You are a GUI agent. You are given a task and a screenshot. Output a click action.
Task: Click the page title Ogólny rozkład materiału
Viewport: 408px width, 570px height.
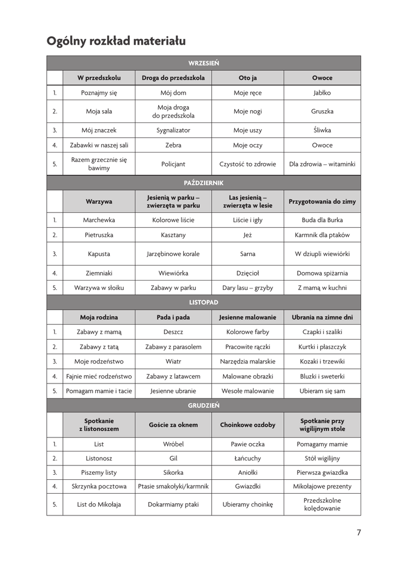pyautogui.click(x=116, y=41)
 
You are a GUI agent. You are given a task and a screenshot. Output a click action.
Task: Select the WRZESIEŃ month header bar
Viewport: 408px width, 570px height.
pyautogui.click(x=203, y=63)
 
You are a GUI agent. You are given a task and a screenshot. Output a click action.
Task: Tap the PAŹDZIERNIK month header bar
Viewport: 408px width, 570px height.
pyautogui.click(x=203, y=183)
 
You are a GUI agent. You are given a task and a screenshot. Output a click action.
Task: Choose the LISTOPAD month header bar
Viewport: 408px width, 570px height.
pyautogui.click(x=203, y=302)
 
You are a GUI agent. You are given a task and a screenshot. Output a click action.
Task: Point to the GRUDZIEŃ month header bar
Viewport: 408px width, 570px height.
pyautogui.click(x=203, y=405)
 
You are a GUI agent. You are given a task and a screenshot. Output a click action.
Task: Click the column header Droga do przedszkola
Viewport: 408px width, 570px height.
pyautogui.click(x=173, y=78)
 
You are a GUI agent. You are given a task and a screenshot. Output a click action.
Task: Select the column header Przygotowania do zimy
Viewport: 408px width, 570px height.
pyautogui.click(x=322, y=202)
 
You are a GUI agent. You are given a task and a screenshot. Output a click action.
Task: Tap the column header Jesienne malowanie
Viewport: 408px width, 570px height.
pyautogui.click(x=247, y=317)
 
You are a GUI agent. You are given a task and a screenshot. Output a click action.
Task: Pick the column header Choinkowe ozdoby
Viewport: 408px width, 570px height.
pyautogui.click(x=247, y=425)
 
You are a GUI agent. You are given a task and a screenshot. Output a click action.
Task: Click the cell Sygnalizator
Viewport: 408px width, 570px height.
pyautogui.click(x=173, y=130)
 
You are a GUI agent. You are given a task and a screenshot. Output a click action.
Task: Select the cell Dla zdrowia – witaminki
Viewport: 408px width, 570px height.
pyautogui.click(x=322, y=164)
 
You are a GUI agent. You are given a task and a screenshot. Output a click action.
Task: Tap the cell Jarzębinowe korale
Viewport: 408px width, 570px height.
pyautogui.click(x=173, y=254)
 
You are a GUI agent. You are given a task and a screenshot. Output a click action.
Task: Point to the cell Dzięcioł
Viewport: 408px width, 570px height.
pyautogui.click(x=247, y=273)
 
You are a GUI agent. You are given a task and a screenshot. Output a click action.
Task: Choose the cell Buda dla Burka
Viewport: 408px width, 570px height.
pyautogui.click(x=322, y=220)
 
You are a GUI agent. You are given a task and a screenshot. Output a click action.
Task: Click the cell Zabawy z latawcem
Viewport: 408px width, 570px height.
pyautogui.click(x=173, y=376)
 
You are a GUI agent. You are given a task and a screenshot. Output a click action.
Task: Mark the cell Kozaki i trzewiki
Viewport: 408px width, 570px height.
pyautogui.click(x=322, y=361)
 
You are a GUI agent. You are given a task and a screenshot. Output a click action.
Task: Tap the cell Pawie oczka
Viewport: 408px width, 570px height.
pyautogui.click(x=247, y=444)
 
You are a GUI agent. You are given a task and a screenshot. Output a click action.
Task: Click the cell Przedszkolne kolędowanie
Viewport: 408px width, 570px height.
pyautogui.click(x=322, y=504)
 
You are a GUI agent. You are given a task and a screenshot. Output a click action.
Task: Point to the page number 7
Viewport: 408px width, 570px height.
pyautogui.click(x=359, y=533)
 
